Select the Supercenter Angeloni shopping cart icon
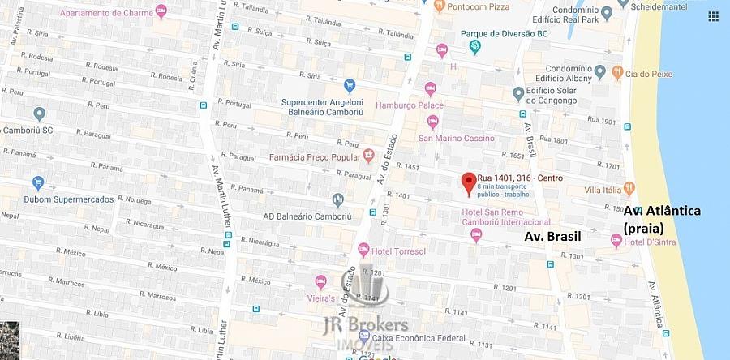point(350,84)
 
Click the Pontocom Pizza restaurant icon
point(439,6)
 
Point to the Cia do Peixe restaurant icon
point(617,72)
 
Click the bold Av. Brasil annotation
point(555,238)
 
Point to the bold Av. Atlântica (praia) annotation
point(662,219)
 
